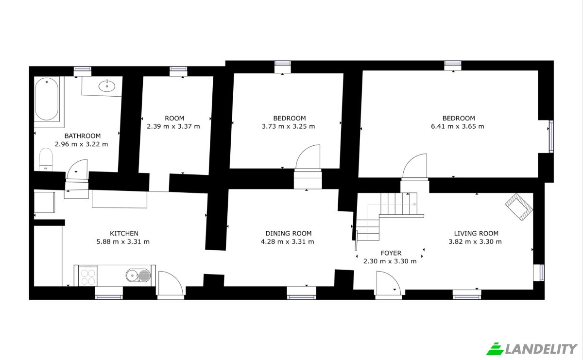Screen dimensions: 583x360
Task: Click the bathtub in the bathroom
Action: pos(47,99)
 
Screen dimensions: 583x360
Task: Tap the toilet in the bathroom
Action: pos(46,159)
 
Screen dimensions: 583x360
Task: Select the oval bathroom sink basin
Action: pos(107,86)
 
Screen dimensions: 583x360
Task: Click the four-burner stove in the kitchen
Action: pos(88,276)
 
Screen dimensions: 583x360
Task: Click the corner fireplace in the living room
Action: pos(519,206)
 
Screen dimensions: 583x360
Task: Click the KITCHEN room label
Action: pos(124,233)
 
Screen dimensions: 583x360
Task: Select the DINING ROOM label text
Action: pos(289,233)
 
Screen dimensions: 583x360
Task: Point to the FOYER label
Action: pos(391,253)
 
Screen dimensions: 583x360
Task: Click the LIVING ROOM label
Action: pos(476,233)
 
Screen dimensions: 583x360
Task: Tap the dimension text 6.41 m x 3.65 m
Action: pos(458,126)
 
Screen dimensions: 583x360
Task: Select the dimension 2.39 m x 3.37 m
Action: pos(173,126)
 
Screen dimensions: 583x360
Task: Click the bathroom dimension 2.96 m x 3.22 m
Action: pos(82,144)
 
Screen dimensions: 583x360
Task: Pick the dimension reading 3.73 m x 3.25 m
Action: pos(289,126)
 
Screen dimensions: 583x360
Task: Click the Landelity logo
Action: pos(532,349)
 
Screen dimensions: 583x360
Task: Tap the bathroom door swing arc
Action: pos(74,164)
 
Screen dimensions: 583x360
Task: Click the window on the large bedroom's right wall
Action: pos(551,137)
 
